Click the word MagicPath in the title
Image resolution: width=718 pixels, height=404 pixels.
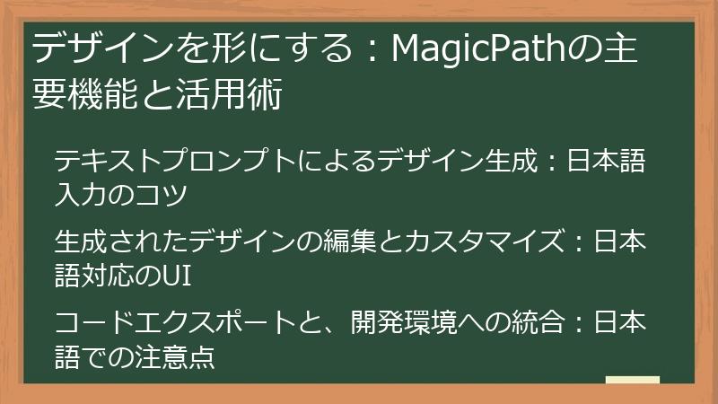tap(468, 50)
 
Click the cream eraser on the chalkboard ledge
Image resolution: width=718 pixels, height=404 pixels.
tap(633, 380)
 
